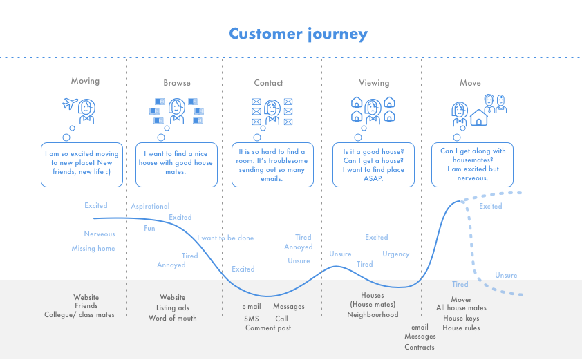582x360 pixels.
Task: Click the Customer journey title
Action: pyautogui.click(x=298, y=34)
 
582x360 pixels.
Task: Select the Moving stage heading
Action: pyautogui.click(x=85, y=81)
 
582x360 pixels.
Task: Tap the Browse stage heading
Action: pyautogui.click(x=177, y=83)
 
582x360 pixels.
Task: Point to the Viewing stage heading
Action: pyautogui.click(x=373, y=83)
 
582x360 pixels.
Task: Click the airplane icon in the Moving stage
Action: pyautogui.click(x=68, y=105)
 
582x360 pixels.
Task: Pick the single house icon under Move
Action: pyautogui.click(x=478, y=118)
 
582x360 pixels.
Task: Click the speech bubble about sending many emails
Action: pyautogui.click(x=271, y=164)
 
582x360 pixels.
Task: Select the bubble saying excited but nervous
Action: pyautogui.click(x=473, y=164)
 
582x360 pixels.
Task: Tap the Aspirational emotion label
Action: pyautogui.click(x=150, y=206)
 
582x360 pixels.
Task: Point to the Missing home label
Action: pyautogui.click(x=93, y=248)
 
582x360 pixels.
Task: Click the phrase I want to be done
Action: pyautogui.click(x=225, y=238)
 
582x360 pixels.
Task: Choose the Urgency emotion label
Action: pyautogui.click(x=396, y=254)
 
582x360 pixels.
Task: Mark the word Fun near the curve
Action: pyautogui.click(x=149, y=228)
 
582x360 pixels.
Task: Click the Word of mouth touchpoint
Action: pyautogui.click(x=173, y=319)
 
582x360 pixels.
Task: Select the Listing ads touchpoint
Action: pyautogui.click(x=173, y=308)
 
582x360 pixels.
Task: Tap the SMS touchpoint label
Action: pyautogui.click(x=252, y=319)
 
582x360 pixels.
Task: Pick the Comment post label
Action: pyautogui.click(x=268, y=328)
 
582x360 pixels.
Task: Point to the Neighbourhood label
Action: pyautogui.click(x=373, y=315)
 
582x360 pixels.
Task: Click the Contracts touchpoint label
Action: pyautogui.click(x=420, y=347)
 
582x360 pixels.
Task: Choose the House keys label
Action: pyautogui.click(x=461, y=318)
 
